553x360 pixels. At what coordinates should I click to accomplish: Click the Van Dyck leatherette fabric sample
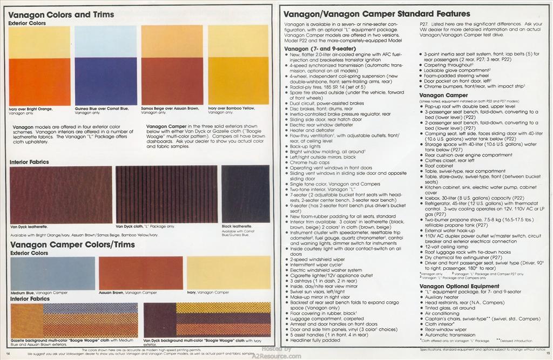[61, 194]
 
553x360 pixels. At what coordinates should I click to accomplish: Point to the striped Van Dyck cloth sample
[166, 194]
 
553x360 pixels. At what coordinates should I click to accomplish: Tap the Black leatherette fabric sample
[245, 194]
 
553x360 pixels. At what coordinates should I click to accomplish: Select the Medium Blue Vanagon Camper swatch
[52, 273]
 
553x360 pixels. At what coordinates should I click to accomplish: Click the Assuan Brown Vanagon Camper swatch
[140, 273]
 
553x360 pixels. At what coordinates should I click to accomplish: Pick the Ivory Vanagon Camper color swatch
[228, 273]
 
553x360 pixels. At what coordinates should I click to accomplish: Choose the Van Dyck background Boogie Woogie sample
[207, 320]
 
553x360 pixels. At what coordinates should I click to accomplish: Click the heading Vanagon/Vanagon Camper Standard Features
[377, 13]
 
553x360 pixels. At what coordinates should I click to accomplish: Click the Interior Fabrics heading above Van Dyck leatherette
[29, 162]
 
